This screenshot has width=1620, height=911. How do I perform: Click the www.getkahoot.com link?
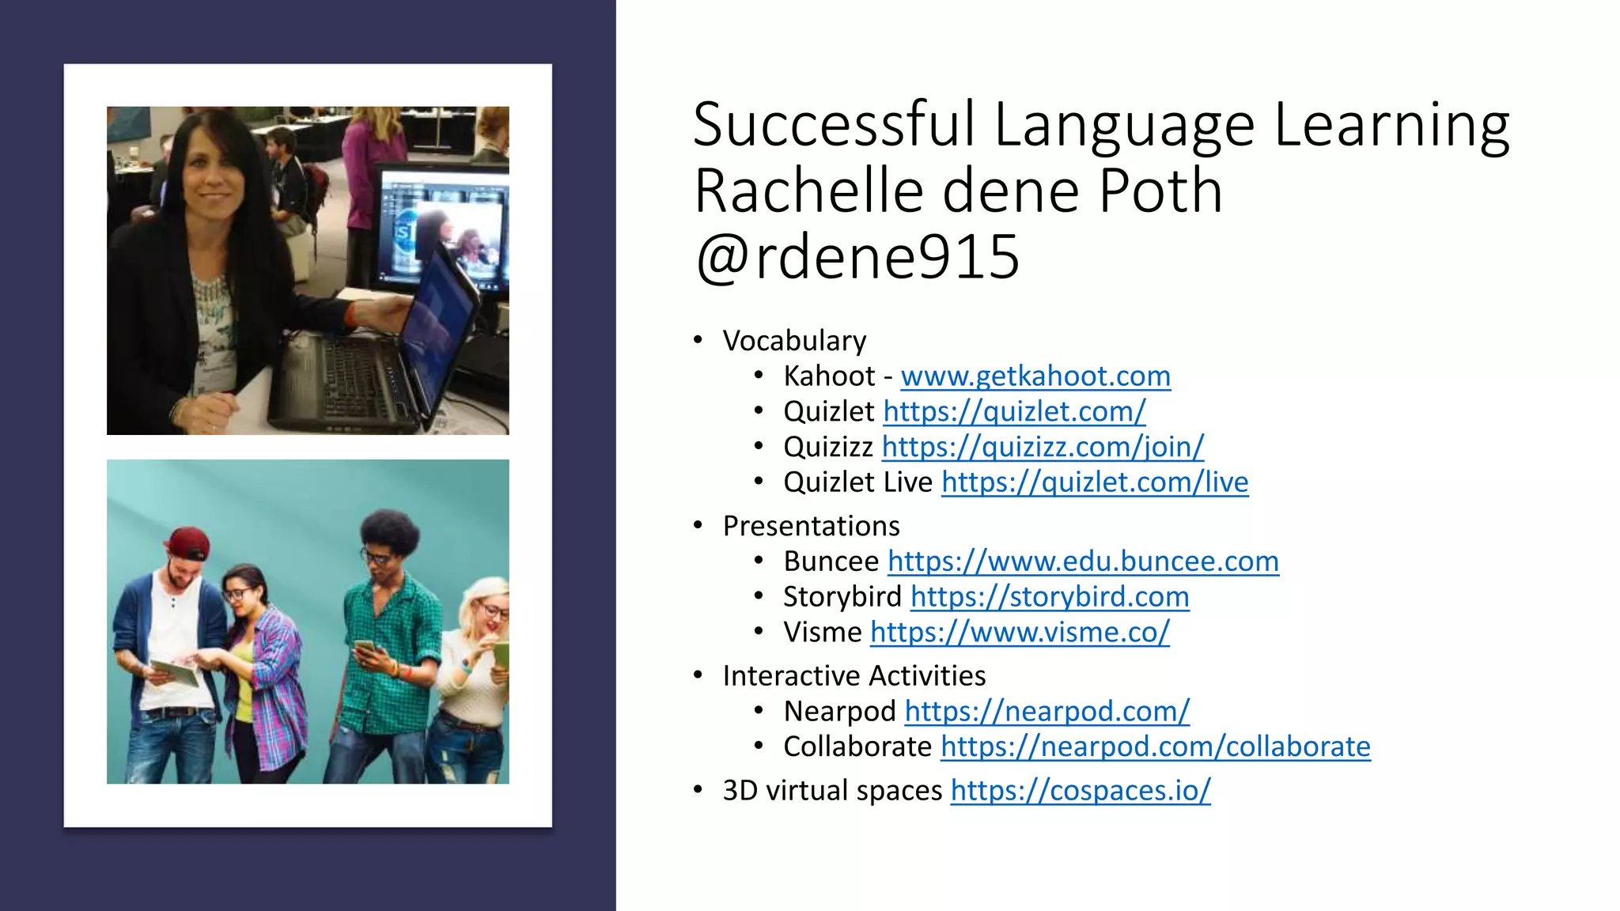(1035, 376)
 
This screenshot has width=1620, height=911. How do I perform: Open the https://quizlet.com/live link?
(1094, 482)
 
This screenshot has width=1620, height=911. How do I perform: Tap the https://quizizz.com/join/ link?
(1043, 448)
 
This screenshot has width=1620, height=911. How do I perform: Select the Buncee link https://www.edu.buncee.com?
(1082, 561)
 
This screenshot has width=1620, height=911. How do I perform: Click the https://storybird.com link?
(1049, 597)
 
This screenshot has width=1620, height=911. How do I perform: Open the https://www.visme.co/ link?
(1019, 633)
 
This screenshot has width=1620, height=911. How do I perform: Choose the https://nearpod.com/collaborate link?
(1155, 747)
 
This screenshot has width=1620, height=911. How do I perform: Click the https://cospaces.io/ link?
(1080, 791)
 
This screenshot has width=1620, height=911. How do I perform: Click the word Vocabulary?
(794, 341)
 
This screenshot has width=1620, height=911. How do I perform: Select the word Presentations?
(811, 527)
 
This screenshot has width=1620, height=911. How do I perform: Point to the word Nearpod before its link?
(839, 712)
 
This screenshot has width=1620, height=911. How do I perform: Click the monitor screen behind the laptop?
(443, 229)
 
